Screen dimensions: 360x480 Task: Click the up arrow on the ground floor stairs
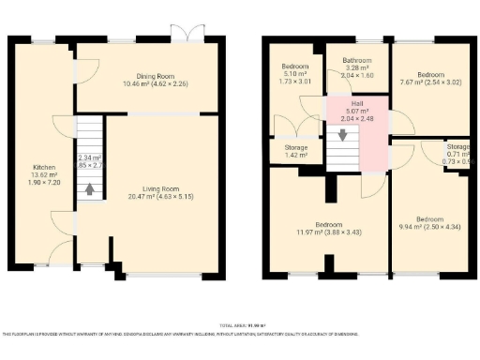90,188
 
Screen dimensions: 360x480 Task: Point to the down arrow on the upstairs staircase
343,134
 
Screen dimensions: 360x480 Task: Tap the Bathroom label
357,60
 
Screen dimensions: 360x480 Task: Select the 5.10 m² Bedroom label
295,67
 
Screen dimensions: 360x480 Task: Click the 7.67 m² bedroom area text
430,83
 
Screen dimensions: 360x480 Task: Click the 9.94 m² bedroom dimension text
430,226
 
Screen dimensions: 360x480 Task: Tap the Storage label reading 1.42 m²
295,155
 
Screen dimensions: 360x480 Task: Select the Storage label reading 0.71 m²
457,154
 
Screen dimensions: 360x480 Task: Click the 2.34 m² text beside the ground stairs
90,157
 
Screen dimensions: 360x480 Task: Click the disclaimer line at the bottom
240,333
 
